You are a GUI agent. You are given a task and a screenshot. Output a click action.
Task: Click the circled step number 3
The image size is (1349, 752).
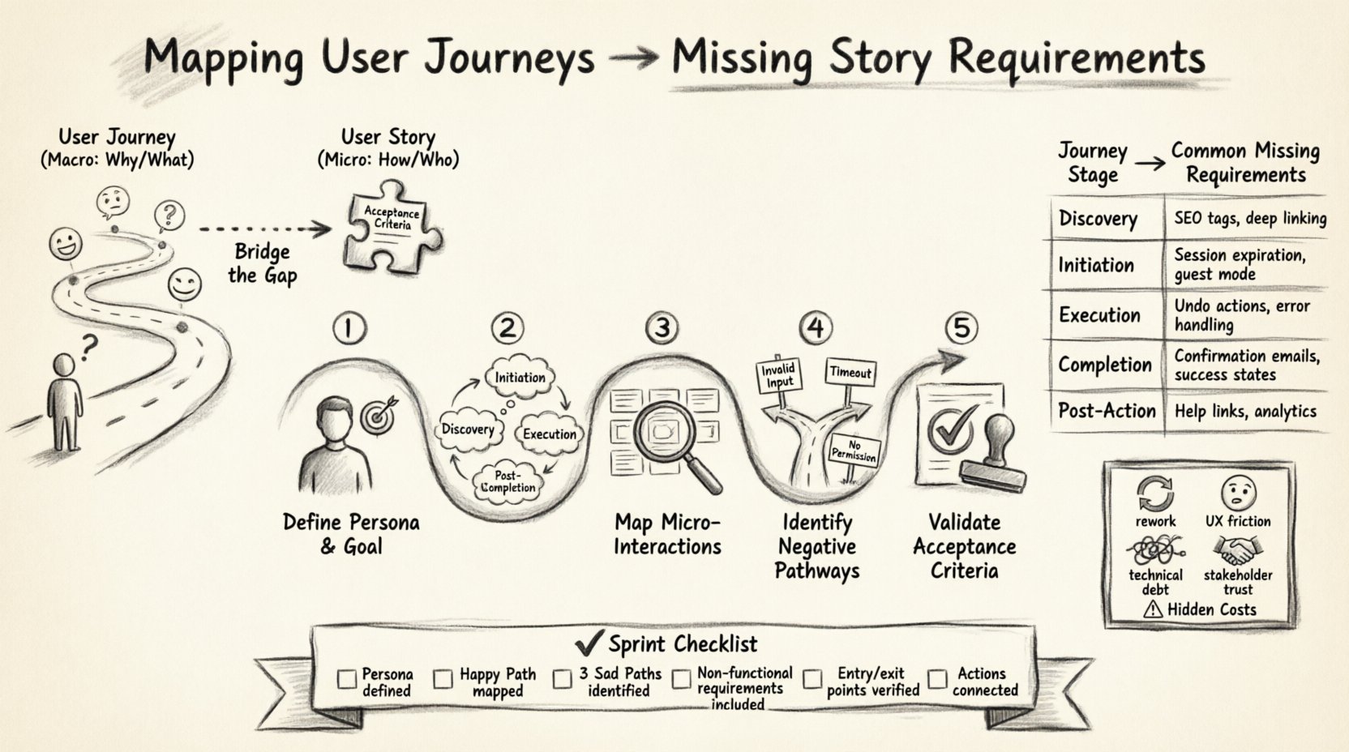point(662,327)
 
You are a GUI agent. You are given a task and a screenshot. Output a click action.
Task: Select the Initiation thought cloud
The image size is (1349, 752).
point(520,378)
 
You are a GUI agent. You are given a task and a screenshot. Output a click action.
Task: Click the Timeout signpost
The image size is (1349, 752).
point(850,372)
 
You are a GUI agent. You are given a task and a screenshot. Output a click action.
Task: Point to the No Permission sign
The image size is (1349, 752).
point(854,451)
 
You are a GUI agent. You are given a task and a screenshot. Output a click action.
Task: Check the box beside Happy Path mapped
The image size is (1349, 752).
point(443,679)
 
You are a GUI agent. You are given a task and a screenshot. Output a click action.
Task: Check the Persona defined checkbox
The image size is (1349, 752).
point(346,678)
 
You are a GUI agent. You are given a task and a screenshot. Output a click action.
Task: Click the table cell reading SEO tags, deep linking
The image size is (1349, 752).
point(1249,218)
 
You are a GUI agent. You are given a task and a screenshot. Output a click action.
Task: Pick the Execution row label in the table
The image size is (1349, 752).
point(1098,315)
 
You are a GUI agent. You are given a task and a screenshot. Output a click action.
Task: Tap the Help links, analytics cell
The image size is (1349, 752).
point(1244,411)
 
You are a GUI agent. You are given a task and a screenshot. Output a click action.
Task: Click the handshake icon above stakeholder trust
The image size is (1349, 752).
point(1236,553)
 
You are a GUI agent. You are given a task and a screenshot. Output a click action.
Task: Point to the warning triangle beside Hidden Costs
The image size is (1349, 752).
point(1152,609)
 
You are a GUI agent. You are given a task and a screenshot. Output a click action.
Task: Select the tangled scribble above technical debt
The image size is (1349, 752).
point(1154,552)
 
